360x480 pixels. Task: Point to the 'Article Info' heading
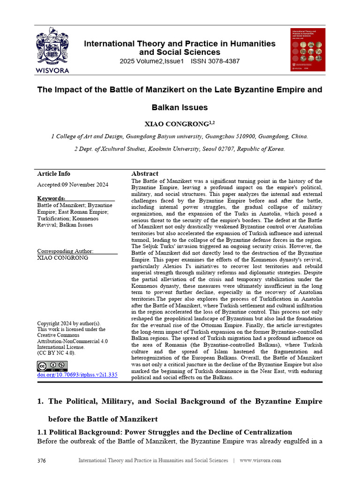(x=53, y=173)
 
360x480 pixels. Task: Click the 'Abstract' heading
(x=145, y=173)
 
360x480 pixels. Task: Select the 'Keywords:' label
(x=51, y=198)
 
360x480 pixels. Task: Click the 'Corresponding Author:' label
(x=65, y=251)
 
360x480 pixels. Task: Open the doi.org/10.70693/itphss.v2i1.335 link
(x=77, y=375)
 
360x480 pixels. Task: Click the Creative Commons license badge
(x=52, y=366)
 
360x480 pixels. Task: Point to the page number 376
(x=41, y=461)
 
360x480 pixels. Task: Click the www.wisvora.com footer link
(x=260, y=461)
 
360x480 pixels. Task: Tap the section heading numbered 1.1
(x=158, y=432)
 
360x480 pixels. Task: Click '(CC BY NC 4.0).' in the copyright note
(x=56, y=353)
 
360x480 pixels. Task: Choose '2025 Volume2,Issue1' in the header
(x=152, y=61)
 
